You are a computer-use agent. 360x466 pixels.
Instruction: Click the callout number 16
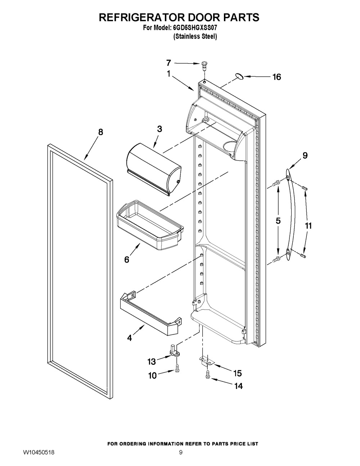(276, 77)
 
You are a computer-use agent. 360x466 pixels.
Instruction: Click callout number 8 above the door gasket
(100, 132)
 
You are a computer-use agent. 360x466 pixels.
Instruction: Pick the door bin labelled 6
(150, 225)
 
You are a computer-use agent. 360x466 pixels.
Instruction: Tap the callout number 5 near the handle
(278, 221)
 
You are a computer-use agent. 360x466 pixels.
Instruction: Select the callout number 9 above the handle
(305, 155)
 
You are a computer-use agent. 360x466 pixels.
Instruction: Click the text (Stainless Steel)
(195, 37)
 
